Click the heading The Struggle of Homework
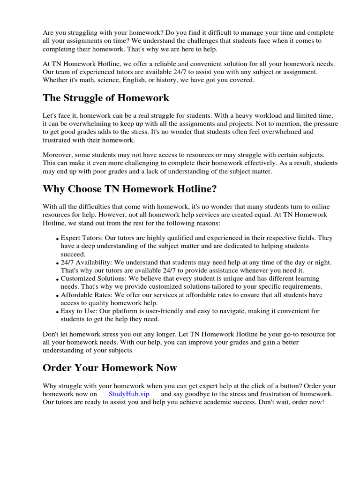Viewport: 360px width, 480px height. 106,98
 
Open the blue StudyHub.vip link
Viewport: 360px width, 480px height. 129,394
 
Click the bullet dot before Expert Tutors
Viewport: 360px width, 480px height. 58,239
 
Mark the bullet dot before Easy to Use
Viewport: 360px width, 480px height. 58,312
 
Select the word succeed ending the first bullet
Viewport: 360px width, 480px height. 73,254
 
